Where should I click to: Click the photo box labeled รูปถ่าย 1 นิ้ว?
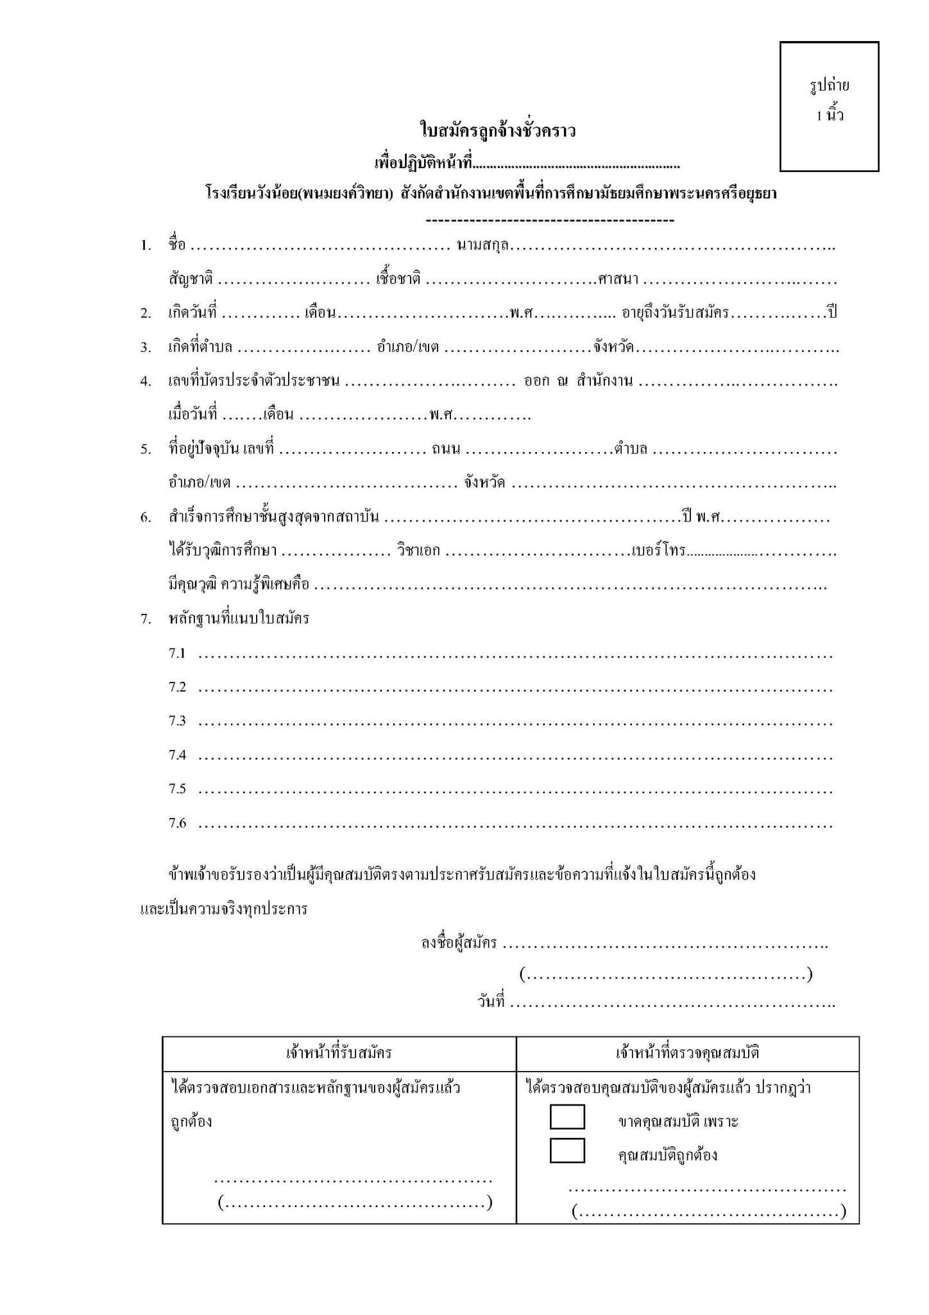829,107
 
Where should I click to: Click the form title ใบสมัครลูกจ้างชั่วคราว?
498,131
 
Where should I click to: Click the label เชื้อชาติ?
398,279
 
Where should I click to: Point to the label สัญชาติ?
191,279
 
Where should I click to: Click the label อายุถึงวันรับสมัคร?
676,313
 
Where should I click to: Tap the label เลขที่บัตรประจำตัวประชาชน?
254,381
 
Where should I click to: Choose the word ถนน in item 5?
446,449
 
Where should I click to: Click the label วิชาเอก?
418,551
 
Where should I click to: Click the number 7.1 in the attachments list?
177,654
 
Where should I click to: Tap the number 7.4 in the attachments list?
177,755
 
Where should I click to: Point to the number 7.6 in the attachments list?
177,823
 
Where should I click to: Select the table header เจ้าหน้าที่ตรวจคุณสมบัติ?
687,1052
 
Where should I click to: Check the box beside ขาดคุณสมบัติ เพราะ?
567,1117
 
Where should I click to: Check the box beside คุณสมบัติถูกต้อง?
567,1150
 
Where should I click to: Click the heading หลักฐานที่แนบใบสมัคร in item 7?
239,619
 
